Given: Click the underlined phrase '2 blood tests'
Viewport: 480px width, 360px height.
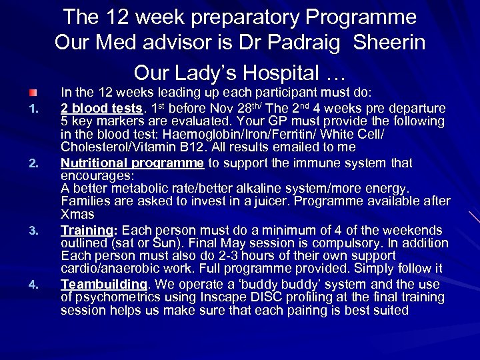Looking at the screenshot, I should coord(98,109).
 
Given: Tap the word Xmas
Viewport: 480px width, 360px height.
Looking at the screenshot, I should coord(77,214).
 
